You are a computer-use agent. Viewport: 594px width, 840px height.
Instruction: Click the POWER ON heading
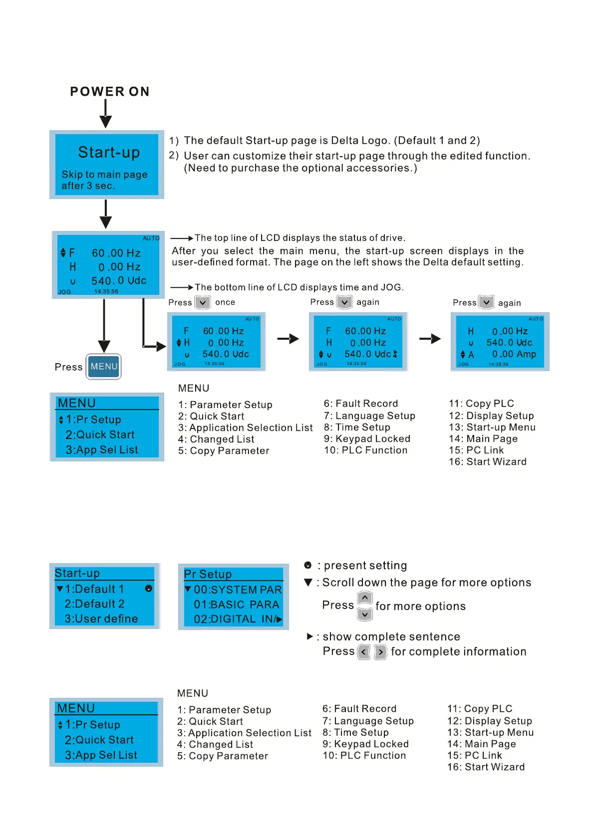tap(110, 92)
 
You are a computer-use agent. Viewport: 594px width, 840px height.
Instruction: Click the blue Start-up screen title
tap(109, 152)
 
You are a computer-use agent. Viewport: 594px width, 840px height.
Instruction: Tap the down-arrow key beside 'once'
tap(203, 302)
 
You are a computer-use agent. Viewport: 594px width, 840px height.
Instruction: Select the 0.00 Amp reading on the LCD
tap(514, 354)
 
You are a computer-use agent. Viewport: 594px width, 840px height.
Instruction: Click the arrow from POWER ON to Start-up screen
tap(105, 113)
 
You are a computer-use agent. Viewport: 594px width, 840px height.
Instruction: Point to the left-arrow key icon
tap(364, 652)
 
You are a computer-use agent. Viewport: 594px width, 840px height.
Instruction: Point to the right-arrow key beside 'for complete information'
tap(380, 652)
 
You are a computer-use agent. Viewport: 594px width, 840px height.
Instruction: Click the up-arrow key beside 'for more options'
tap(365, 598)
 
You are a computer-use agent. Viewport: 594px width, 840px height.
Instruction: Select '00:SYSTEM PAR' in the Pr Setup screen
tap(238, 590)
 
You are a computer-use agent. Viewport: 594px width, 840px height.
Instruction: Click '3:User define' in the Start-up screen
tap(101, 619)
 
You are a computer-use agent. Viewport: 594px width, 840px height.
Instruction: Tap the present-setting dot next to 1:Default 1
tap(148, 589)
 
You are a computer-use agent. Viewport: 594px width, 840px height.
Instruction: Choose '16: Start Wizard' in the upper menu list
tap(487, 462)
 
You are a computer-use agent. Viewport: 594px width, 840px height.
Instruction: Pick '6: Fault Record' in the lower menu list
tap(359, 709)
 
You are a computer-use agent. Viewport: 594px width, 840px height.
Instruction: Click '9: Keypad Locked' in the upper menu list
tap(367, 439)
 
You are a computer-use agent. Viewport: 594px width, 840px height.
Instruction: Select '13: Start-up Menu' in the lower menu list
tap(490, 732)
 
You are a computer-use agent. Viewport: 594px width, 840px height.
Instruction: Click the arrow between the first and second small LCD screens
tap(288, 339)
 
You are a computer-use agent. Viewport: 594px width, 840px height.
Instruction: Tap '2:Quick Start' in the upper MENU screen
tap(100, 434)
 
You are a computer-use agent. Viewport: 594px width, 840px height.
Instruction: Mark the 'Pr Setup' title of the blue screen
tap(208, 574)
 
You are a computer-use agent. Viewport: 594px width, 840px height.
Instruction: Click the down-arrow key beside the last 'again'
tap(486, 302)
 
